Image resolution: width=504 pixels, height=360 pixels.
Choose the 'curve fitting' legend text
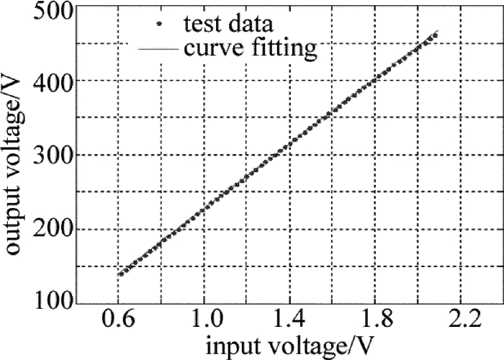[249, 49]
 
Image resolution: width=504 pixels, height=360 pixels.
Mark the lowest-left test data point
[120, 274]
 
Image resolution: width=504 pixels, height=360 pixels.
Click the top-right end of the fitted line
[438, 32]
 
